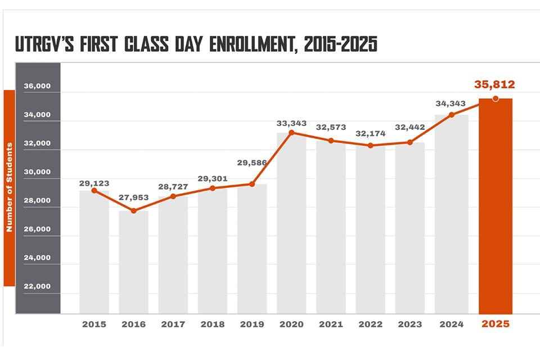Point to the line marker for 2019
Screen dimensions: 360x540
[252, 184]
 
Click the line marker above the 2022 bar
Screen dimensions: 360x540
[370, 145]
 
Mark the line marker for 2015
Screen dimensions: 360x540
[94, 191]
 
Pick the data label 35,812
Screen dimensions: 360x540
[494, 85]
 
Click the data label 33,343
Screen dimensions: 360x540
[291, 123]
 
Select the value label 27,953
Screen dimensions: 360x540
[133, 198]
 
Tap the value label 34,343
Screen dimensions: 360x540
[451, 104]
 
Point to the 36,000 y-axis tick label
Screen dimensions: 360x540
[38, 87]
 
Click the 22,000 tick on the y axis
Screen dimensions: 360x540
[38, 286]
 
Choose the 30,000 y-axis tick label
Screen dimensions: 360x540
[38, 172]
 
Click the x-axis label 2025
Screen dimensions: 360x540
[495, 325]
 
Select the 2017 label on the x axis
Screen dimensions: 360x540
[173, 325]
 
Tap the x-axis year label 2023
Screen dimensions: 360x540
[409, 325]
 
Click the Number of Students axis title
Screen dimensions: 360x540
[9, 188]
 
